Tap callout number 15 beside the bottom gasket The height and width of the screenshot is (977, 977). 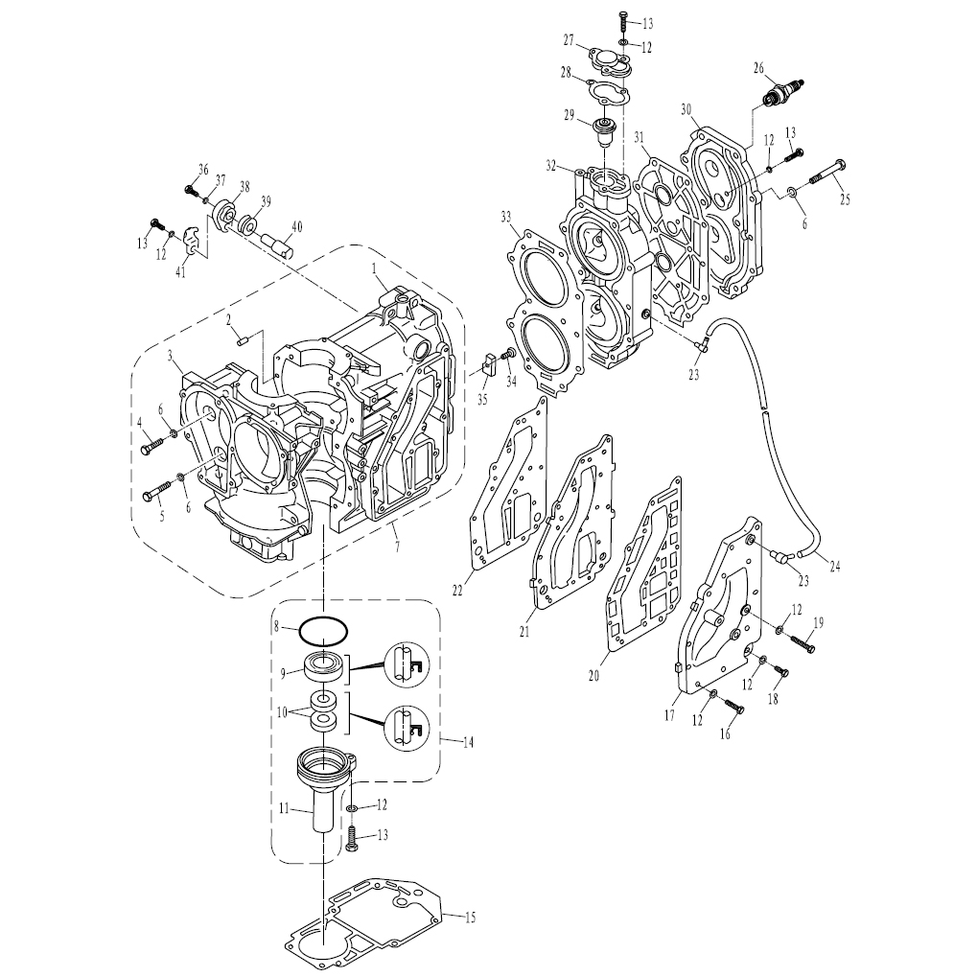coord(471,918)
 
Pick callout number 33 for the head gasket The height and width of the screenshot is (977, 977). coord(506,217)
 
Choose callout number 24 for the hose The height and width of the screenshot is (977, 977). coord(835,567)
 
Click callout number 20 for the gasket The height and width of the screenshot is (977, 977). coord(593,674)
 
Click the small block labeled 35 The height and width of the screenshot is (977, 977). coord(489,363)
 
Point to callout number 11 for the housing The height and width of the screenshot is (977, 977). coord(284,809)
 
